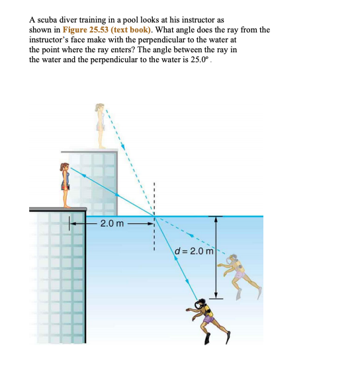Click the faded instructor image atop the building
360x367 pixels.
[x=100, y=125]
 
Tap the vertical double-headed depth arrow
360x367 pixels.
[x=216, y=258]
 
